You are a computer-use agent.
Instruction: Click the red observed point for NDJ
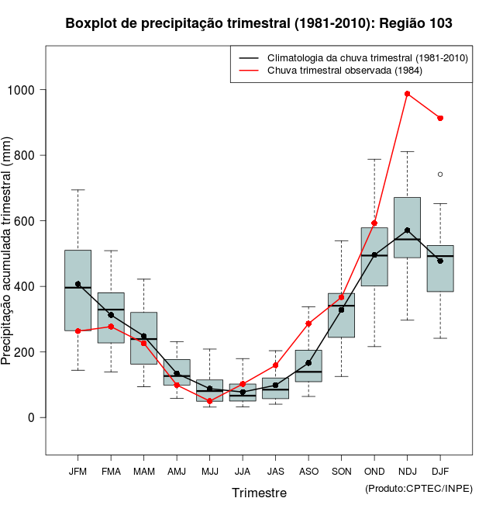408,94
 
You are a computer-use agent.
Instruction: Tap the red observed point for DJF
440,118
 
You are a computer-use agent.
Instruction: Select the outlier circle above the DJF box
440,175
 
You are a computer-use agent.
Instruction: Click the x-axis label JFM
77,471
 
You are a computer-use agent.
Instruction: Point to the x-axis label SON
342,471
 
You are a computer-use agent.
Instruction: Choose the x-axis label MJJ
209,471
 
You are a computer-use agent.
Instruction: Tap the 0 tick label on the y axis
32,417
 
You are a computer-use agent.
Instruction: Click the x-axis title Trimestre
259,493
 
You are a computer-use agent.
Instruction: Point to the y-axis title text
7,252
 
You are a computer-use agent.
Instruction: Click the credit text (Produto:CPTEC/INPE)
418,488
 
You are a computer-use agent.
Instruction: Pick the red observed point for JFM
77,331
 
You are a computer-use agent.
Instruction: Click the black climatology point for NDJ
408,230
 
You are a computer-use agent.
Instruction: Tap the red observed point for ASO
308,323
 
